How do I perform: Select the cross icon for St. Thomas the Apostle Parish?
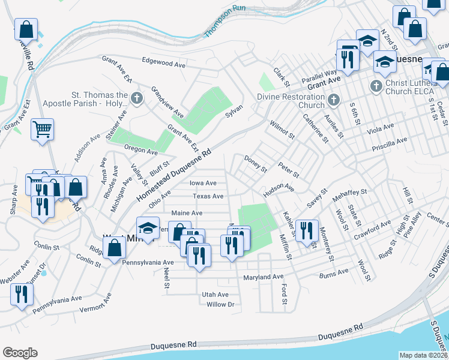coord(137,98)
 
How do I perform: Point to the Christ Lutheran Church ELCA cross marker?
coord(376,86)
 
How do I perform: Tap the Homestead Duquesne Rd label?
coord(175,175)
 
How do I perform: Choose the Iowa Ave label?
coord(203,183)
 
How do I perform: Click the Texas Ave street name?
coord(208,196)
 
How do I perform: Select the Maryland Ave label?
coord(263,277)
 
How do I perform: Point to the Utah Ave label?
coord(215,295)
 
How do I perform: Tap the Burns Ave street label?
coord(334,272)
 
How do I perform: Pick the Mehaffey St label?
coord(350,191)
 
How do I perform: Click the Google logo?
coord(19,352)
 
